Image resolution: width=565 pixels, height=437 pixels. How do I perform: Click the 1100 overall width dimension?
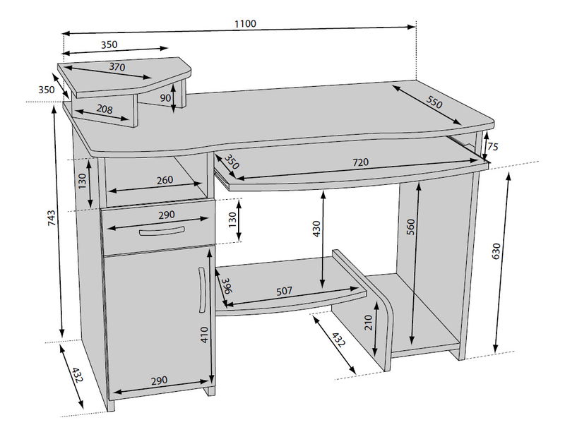coord(245,24)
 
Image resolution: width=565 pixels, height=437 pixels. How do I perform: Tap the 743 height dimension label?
coord(52,218)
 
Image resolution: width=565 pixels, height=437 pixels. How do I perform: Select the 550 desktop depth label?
coord(434,102)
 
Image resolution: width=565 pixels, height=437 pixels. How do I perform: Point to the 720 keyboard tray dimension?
coord(360,162)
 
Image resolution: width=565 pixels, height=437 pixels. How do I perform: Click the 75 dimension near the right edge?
coord(492,147)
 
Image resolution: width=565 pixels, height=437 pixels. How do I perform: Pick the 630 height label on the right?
coord(496,251)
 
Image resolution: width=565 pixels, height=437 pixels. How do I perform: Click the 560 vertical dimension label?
coord(411,227)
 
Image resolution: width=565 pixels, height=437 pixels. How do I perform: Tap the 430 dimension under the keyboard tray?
coord(316,229)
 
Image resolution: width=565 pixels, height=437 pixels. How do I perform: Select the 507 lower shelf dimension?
coord(285,291)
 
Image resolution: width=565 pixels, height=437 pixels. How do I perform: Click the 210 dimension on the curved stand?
coord(368,323)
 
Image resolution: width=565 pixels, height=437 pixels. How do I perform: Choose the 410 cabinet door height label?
coord(204,335)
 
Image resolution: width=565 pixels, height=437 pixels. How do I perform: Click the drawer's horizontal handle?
coord(162,231)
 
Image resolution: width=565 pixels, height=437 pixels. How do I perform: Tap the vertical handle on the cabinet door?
coord(202,290)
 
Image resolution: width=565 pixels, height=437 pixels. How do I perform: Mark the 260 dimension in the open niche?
coord(165,180)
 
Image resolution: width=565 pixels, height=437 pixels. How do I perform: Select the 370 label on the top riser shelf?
coord(117,66)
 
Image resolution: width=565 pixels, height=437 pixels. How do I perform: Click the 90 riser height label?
coord(165,97)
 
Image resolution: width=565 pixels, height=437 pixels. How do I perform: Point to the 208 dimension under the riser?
coord(105,109)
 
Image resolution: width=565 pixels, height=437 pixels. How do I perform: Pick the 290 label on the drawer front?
coord(167,215)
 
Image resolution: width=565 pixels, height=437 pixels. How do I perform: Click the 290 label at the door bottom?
coord(159,381)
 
